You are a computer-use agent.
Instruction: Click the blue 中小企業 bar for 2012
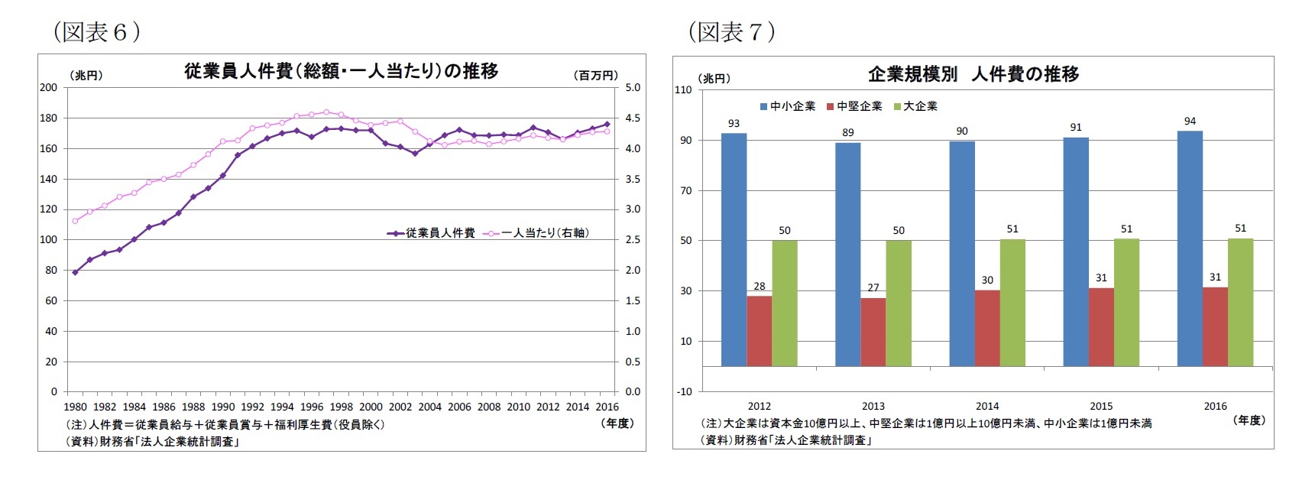[x=734, y=250]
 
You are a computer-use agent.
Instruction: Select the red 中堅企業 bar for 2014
[x=987, y=328]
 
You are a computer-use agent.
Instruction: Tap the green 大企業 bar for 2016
[x=1240, y=302]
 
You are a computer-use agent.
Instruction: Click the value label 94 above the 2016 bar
[x=1190, y=121]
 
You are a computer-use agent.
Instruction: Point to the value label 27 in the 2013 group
[x=873, y=287]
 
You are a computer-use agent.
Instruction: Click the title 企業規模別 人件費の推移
[x=973, y=74]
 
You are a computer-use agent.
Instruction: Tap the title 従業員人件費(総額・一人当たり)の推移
[x=341, y=71]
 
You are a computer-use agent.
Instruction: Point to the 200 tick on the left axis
[x=48, y=87]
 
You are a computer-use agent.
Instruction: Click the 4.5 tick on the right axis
[x=633, y=118]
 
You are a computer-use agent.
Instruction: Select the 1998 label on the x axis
[x=341, y=407]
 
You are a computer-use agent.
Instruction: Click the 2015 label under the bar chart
[x=1101, y=406]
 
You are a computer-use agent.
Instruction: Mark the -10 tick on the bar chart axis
[x=684, y=391]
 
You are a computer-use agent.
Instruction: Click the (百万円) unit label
[x=595, y=75]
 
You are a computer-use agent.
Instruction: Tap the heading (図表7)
[x=731, y=32]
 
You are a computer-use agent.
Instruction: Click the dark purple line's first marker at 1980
[x=75, y=272]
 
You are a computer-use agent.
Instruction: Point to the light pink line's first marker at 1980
[x=75, y=221]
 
